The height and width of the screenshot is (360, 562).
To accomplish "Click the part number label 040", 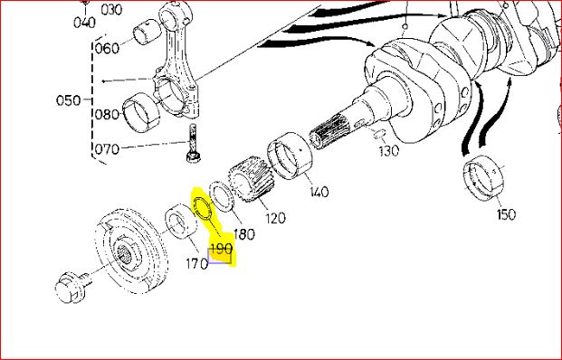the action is coord(84,23).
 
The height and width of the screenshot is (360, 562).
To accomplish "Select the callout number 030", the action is coord(111,10).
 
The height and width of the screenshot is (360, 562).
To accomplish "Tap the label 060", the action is coord(107,48).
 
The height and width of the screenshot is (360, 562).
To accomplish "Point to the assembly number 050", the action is coord(69,99).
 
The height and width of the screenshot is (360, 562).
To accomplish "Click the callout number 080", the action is coord(107,115).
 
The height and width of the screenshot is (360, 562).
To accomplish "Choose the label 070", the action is coord(107,148).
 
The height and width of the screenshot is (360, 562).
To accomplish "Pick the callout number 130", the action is coord(388,151).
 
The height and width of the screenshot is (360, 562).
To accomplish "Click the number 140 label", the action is coord(319,192).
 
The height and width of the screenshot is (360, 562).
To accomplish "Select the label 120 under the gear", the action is coord(275,218).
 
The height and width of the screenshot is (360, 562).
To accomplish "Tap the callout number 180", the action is coord(244,234).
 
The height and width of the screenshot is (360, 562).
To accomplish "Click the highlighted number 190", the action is coord(221,249).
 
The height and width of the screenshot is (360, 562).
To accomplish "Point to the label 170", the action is coord(196,264).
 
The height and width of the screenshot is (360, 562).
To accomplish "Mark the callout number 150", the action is coord(507,214).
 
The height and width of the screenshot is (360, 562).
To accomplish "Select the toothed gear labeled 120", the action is coord(252,181).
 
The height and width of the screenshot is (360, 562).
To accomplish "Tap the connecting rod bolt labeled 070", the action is coord(193,143).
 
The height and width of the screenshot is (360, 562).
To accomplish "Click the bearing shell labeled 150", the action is coord(484,177).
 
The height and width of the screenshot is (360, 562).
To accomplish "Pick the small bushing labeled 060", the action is coord(146,33).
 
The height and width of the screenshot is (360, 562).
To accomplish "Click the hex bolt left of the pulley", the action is coord(72,286).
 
